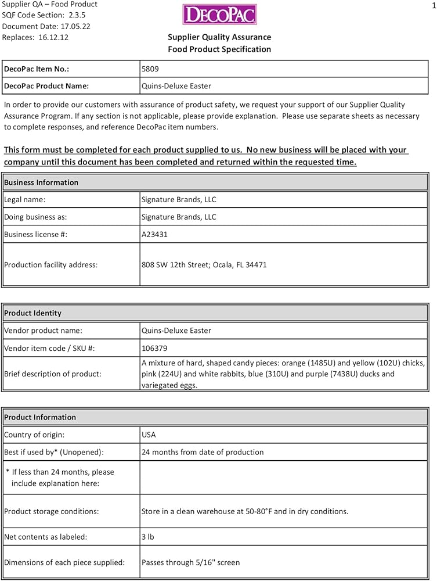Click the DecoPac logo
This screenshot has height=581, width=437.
pyautogui.click(x=219, y=15)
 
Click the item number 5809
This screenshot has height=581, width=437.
pyautogui.click(x=150, y=69)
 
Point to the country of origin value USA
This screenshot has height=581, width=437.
pyautogui.click(x=149, y=435)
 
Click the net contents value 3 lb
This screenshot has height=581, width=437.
pyautogui.click(x=147, y=537)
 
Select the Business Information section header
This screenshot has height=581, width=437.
pyautogui.click(x=41, y=182)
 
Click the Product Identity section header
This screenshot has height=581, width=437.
pyautogui.click(x=32, y=313)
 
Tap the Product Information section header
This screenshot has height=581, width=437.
pyautogui.click(x=40, y=417)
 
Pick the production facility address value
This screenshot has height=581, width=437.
pyautogui.click(x=204, y=264)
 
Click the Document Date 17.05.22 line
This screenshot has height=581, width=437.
pyautogui.click(x=46, y=26)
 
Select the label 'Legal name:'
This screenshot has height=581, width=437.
pyautogui.click(x=24, y=199)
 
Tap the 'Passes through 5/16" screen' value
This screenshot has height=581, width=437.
pyautogui.click(x=190, y=562)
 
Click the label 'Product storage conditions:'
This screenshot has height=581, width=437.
pyautogui.click(x=52, y=512)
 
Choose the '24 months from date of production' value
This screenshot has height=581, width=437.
pyautogui.click(x=203, y=452)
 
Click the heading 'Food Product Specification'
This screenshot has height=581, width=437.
pyautogui.click(x=219, y=49)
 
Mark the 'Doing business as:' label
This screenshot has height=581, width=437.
pyautogui.click(x=35, y=217)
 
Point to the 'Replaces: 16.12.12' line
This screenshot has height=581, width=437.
pyautogui.click(x=35, y=37)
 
